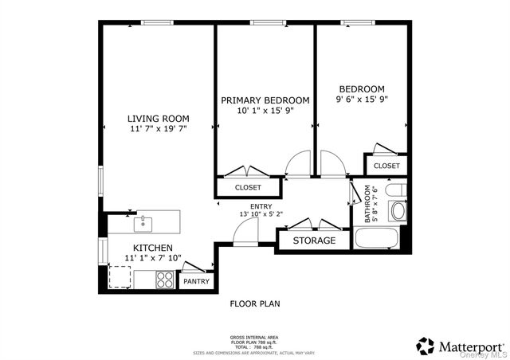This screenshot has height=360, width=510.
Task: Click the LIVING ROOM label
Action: [x=158, y=118]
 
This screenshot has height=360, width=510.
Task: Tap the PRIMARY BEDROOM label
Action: [x=265, y=100]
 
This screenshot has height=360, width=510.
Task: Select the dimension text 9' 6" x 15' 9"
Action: [x=362, y=100]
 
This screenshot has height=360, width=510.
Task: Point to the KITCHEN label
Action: [x=153, y=248]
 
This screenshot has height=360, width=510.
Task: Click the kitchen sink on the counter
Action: [x=143, y=221]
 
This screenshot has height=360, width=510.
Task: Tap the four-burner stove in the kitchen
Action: [x=165, y=279]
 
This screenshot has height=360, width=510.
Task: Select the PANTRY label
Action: [x=196, y=281]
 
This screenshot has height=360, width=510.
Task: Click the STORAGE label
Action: [x=314, y=241]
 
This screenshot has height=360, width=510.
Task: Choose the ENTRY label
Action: [x=238, y=206]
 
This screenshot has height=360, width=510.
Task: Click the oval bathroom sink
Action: [x=398, y=211]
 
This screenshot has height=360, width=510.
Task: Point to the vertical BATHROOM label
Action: [x=368, y=205]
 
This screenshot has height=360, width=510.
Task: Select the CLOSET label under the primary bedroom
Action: [x=248, y=188]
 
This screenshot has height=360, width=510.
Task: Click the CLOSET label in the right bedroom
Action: [x=386, y=166]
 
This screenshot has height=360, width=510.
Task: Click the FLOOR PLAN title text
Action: [x=255, y=303]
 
